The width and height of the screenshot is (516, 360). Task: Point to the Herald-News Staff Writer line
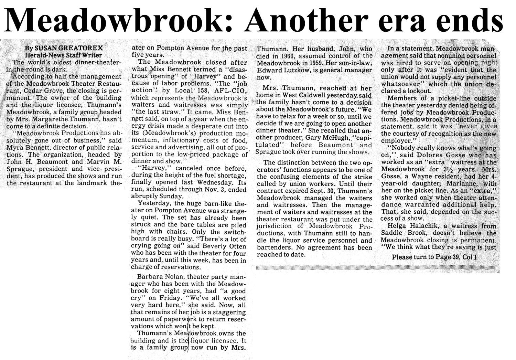(63, 55)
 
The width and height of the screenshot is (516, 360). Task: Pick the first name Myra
(15, 148)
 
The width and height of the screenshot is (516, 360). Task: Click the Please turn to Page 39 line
(434, 257)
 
